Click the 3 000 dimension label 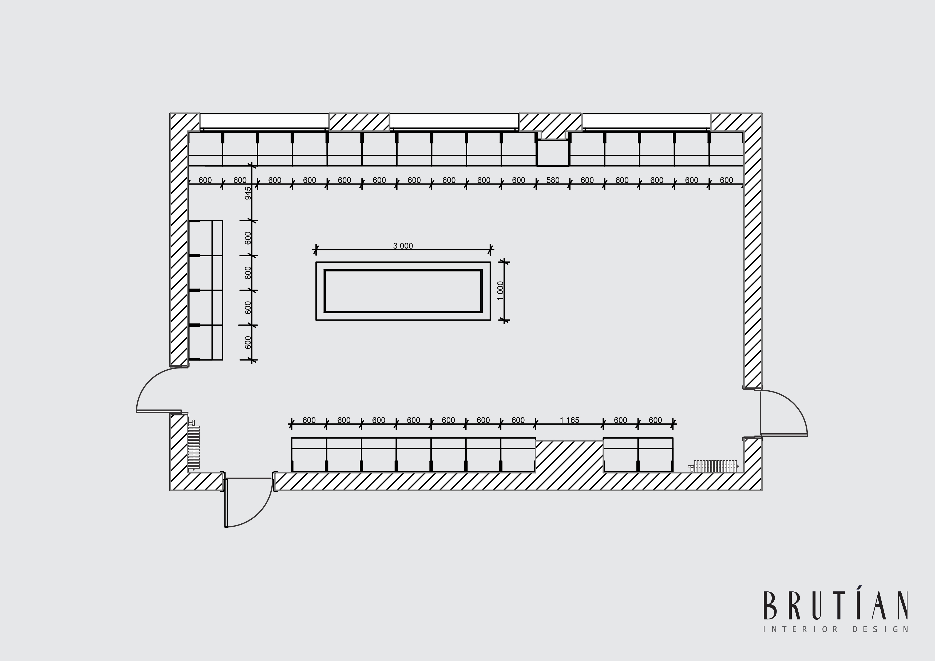(403, 246)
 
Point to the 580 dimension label (553, 180)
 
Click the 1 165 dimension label (569, 420)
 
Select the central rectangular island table (403, 291)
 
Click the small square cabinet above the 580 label (553, 153)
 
